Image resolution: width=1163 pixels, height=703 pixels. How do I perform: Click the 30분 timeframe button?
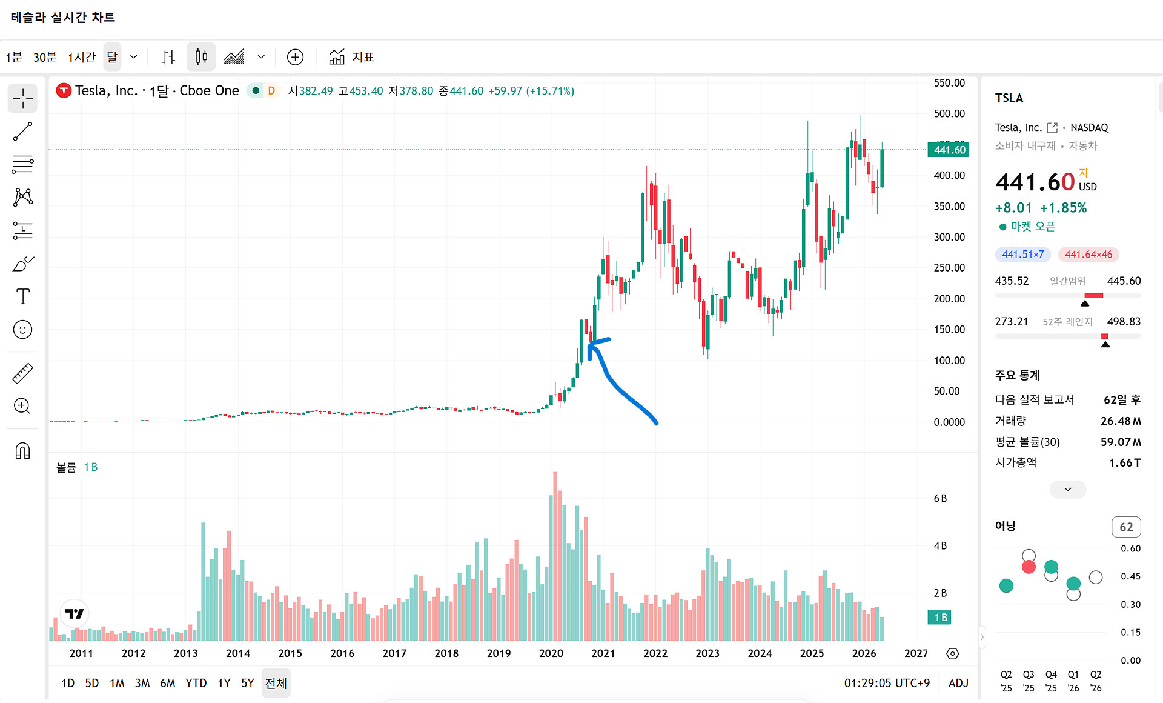tap(45, 57)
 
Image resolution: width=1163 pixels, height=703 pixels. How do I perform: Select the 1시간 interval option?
tap(82, 57)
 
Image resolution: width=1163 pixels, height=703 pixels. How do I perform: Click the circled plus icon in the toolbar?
tap(295, 57)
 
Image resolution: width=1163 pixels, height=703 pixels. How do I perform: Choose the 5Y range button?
tap(247, 683)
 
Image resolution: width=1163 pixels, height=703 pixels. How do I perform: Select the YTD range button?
tap(196, 683)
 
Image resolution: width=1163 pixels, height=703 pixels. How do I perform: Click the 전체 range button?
tap(276, 683)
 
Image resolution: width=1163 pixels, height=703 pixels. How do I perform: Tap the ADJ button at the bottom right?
tap(958, 683)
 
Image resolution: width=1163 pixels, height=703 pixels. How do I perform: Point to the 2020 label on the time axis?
tap(551, 653)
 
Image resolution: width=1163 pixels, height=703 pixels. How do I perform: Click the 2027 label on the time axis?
tap(916, 653)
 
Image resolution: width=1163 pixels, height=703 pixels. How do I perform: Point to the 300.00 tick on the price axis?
tap(949, 237)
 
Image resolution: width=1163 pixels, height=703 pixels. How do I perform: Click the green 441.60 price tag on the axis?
tap(949, 150)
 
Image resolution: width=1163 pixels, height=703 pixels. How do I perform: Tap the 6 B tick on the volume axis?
tap(940, 498)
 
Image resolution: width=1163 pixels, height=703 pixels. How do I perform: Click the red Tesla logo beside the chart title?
tap(64, 90)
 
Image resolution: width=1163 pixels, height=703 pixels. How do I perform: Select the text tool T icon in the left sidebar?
tap(22, 296)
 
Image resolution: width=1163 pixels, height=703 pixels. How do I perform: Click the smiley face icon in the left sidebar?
tap(22, 330)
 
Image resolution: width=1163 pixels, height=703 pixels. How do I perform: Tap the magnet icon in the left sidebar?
tap(22, 451)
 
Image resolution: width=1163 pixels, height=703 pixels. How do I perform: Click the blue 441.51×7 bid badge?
tap(1023, 255)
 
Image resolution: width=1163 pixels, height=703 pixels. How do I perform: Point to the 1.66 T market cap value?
tap(1125, 462)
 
